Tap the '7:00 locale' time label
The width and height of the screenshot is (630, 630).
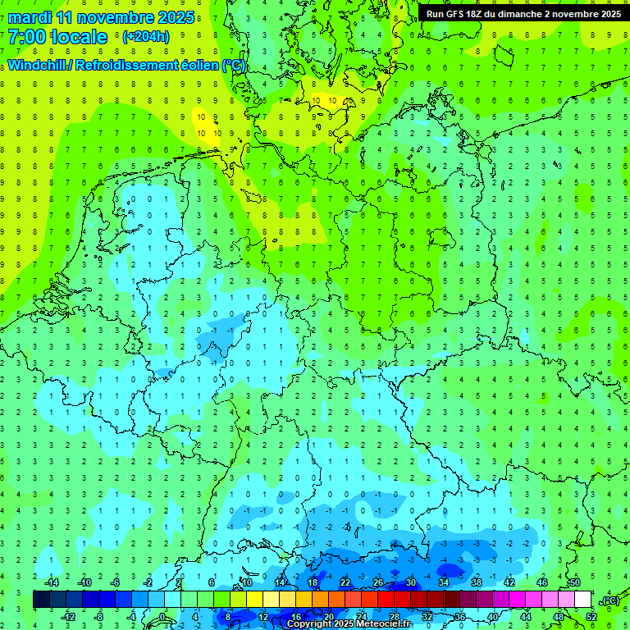[57, 37]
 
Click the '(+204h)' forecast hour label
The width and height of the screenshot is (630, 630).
[145, 36]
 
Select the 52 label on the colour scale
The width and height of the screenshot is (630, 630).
[591, 616]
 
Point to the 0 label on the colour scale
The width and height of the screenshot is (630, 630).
[163, 616]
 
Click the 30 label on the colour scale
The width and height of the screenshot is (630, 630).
[410, 582]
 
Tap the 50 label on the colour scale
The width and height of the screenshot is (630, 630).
[574, 582]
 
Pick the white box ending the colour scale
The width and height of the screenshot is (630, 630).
[582, 600]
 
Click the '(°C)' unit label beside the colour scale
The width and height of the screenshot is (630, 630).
[609, 600]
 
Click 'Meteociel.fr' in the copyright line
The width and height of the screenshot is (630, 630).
[383, 624]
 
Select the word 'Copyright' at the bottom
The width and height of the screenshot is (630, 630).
[309, 624]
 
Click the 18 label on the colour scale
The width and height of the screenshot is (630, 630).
[313, 582]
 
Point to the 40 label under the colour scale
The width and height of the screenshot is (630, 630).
[493, 616]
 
